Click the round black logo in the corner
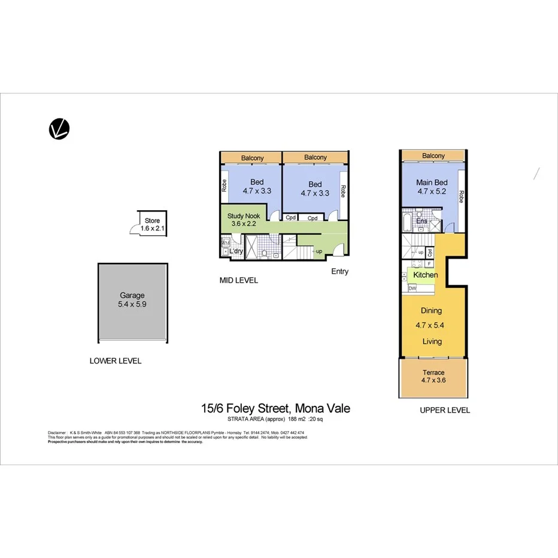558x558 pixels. pos(59,129)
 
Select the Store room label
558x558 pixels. pos(152,221)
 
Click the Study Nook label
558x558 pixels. pos(244,216)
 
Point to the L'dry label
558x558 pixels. pos(236,251)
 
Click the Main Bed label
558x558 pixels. pos(432,183)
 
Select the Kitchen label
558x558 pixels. pos(425,275)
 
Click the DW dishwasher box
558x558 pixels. pos(412,289)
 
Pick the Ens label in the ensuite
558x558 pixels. pos(421,222)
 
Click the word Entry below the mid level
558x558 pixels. pos(339,272)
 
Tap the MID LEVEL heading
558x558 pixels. pos(238,280)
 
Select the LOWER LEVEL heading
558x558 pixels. pos(115,361)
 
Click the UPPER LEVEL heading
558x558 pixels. pos(444,411)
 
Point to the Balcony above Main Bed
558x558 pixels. pos(433,156)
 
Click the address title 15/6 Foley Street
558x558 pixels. pos(275,408)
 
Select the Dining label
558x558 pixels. pos(431,311)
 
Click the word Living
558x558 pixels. pos(432,341)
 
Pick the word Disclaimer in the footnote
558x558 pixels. pos(57,432)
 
